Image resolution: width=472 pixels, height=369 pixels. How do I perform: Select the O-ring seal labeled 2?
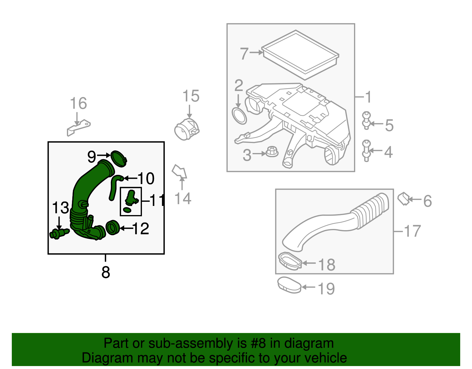point(239,116)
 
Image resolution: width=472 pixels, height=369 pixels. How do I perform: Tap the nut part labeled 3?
point(272,152)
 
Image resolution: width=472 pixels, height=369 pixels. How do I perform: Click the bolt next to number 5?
point(366,120)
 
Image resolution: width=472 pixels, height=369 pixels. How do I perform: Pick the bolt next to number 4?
point(366,150)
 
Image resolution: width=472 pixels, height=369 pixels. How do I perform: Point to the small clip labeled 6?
point(403,199)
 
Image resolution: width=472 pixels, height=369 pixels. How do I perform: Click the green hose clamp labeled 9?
point(119,158)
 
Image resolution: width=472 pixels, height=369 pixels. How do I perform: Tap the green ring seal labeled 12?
point(112,227)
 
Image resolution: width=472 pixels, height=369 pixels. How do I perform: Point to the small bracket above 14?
point(179,171)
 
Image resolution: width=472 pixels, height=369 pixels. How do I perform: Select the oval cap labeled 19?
point(289,285)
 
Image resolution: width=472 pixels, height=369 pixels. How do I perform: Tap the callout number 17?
point(412,231)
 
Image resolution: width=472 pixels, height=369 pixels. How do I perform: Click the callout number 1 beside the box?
point(368,97)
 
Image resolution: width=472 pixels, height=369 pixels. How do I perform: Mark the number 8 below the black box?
point(106,272)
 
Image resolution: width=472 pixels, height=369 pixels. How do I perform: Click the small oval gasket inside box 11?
point(127,210)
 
